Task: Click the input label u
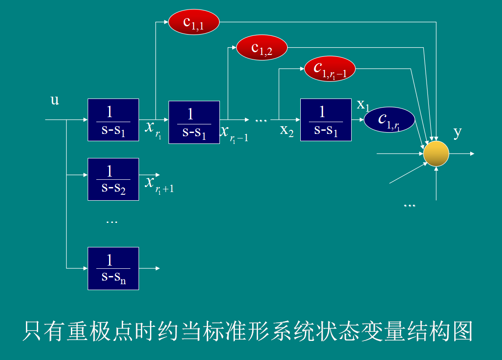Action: pos(55,100)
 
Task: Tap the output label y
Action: pos(457,132)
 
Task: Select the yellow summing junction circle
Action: pos(436,153)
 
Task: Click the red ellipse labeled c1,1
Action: pos(194,22)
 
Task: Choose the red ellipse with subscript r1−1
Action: pos(330,69)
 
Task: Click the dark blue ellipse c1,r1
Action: pos(389,120)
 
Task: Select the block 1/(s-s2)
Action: pos(113,179)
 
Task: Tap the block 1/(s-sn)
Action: pos(113,268)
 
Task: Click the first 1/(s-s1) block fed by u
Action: pos(113,120)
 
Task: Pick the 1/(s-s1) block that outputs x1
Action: pos(326,120)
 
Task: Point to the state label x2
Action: pos(287,130)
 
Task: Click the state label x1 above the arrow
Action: pos(363,105)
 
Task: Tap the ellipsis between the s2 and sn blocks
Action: pos(111,222)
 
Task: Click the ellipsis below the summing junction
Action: pos(409,206)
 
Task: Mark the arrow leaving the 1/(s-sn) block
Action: pos(150,268)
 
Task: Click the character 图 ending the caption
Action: pos(462,331)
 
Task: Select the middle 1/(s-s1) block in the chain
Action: pos(194,122)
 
